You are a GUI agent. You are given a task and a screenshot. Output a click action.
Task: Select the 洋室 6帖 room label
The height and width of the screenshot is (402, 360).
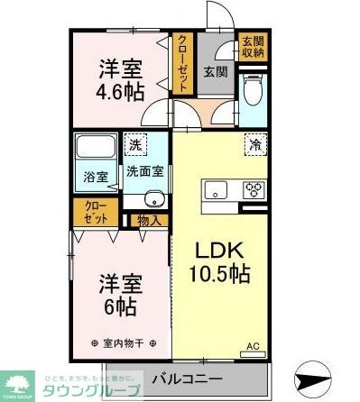(x=118, y=297)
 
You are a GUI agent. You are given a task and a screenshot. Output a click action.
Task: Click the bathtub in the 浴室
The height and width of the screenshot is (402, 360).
(x=96, y=148)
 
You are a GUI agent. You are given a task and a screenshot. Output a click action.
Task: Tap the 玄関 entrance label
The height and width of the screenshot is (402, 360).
(x=214, y=71)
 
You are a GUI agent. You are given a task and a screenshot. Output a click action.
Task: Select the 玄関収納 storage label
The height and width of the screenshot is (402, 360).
(x=252, y=47)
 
